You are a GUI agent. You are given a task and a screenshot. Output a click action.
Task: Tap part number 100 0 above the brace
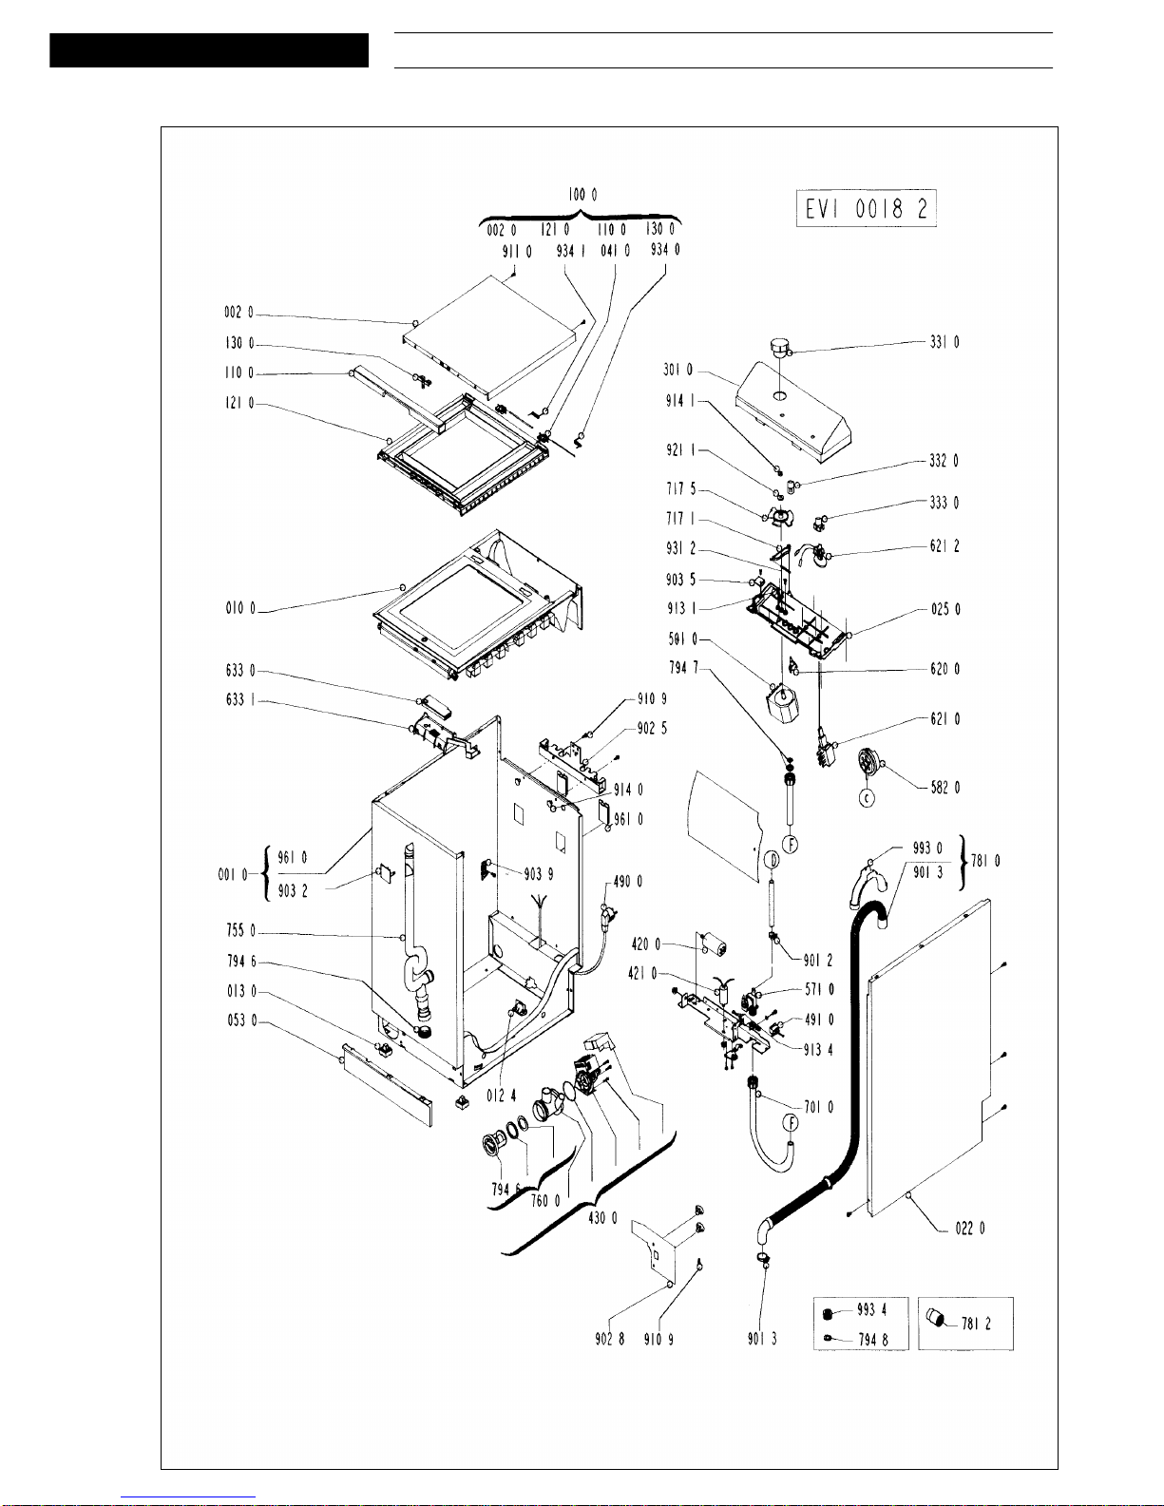click(583, 194)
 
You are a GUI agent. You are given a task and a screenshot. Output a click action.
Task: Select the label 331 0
click(944, 342)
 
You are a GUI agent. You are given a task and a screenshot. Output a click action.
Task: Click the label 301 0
click(677, 370)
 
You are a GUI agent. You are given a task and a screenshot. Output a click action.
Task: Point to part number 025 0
click(945, 609)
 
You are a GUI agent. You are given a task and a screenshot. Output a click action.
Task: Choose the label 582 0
click(945, 788)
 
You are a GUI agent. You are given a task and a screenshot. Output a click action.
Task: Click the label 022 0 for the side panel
click(969, 1229)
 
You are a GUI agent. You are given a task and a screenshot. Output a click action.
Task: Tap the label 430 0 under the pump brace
click(602, 1218)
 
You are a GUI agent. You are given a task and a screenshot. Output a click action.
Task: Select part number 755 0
click(240, 931)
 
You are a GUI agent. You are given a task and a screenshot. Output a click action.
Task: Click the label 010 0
click(240, 608)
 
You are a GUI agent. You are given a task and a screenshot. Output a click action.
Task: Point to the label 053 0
click(240, 1020)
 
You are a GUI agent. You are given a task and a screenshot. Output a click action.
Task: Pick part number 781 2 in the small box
click(976, 1324)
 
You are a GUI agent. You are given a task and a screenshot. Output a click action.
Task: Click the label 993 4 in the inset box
click(871, 1310)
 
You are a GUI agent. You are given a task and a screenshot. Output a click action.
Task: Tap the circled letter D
click(772, 861)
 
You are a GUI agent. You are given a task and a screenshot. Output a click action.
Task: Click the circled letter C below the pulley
click(867, 799)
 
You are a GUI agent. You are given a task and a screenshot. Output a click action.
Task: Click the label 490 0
click(627, 882)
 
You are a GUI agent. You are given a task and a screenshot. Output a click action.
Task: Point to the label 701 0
click(818, 1107)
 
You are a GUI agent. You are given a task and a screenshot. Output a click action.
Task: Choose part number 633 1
click(240, 700)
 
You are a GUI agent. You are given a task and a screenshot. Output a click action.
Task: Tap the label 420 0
click(645, 944)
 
